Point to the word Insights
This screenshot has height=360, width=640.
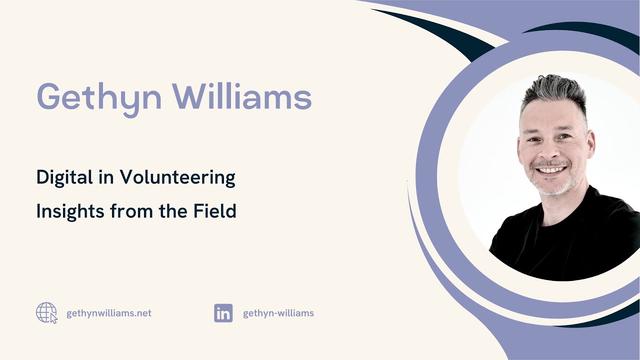click(70, 211)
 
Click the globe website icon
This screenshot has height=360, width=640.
click(46, 313)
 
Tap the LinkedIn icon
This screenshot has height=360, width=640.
click(223, 313)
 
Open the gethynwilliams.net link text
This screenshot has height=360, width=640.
click(108, 313)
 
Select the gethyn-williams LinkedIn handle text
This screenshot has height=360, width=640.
click(278, 313)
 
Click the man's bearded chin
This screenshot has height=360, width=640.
click(552, 187)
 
